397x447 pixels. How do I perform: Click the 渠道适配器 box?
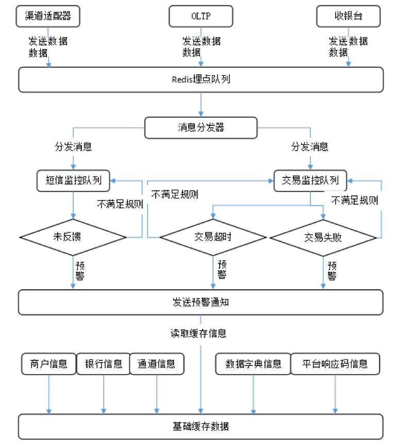point(48,16)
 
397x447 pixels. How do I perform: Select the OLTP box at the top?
point(201,16)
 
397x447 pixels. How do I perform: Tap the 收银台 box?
point(348,16)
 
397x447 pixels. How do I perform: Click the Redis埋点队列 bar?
point(201,79)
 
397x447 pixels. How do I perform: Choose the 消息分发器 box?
point(201,127)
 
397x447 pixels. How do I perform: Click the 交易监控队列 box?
point(310,180)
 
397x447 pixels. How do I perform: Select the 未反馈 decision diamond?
point(73,237)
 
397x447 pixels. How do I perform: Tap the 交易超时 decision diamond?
point(213,237)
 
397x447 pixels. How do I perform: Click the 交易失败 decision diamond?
point(323,237)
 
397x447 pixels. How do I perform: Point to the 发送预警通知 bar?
point(201,302)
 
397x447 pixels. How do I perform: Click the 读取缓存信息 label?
point(198,333)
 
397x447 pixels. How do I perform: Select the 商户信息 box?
point(48,364)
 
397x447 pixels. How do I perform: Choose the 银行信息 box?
point(104,364)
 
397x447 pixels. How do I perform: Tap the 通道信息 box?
point(156,364)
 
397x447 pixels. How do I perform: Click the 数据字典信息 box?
point(253,364)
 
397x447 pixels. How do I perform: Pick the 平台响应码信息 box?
point(336,364)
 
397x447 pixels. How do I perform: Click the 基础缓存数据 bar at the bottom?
point(201,426)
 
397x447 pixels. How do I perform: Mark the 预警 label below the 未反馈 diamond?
point(80,270)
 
